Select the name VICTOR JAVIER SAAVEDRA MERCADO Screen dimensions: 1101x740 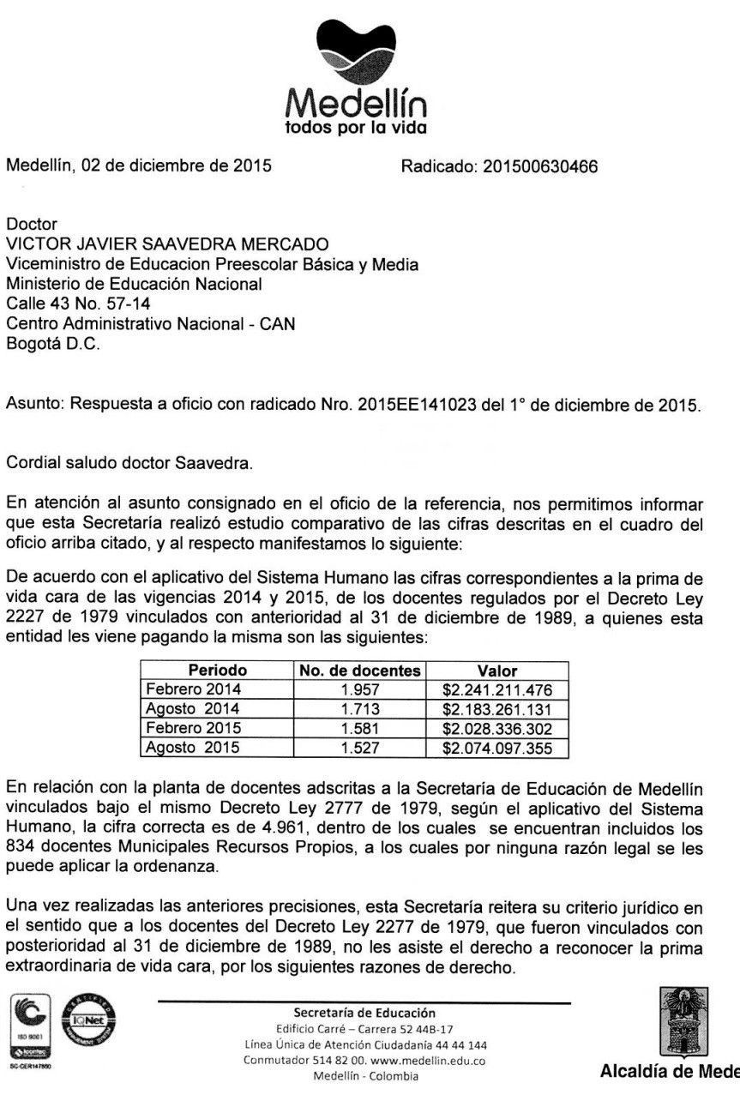pyautogui.click(x=171, y=246)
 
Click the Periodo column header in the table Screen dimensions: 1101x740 pyautogui.click(x=217, y=670)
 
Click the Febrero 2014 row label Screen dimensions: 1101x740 pyautogui.click(x=193, y=689)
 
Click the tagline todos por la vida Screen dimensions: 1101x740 pyautogui.click(x=354, y=129)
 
